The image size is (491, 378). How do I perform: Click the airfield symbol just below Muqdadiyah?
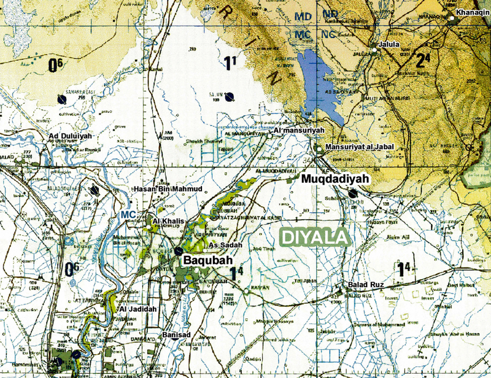point(352,193)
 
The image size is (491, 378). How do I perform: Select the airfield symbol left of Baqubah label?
point(177,251)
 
